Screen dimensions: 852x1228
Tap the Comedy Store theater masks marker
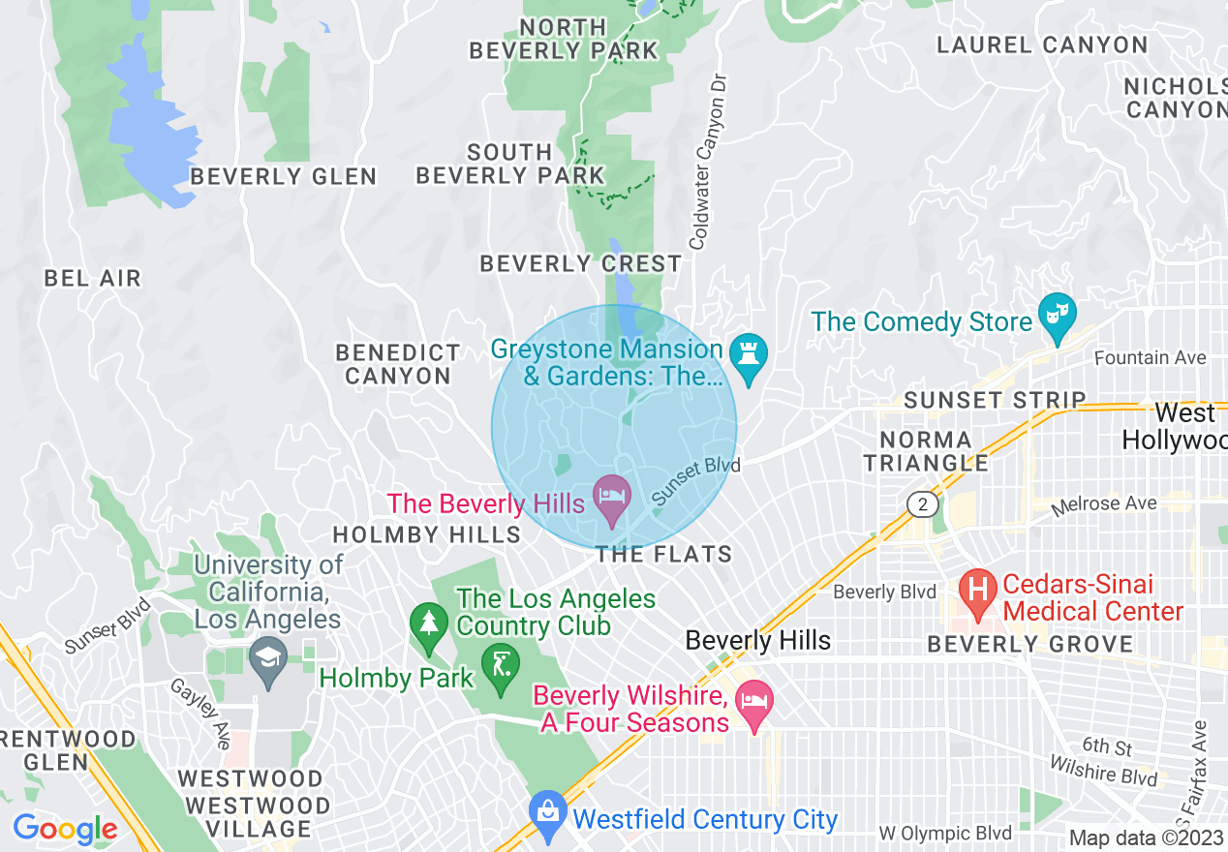[x=1058, y=315]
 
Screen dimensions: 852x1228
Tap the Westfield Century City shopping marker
[x=548, y=815]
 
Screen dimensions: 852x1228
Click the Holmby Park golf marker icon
[x=500, y=667]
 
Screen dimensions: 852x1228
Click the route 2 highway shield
[x=923, y=503]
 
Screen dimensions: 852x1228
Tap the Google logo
[x=65, y=829]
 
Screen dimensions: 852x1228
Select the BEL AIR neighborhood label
[x=93, y=279]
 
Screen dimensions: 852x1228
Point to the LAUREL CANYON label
[x=1042, y=46]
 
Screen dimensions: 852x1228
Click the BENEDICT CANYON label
[x=399, y=364]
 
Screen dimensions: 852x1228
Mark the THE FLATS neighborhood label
[x=663, y=555]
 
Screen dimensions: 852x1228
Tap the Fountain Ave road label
[x=1151, y=358]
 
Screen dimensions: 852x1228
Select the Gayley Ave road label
[x=198, y=712]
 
